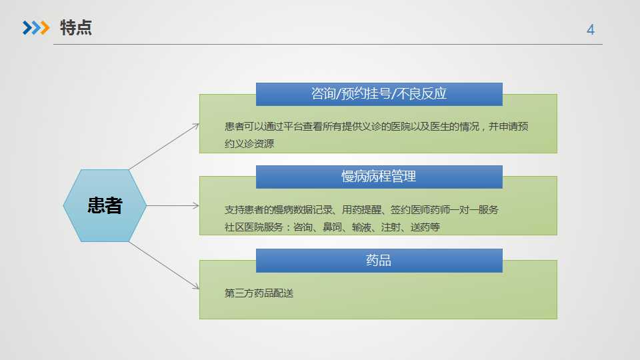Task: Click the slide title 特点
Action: [76, 28]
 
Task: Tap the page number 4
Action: [590, 29]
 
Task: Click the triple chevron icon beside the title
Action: [36, 28]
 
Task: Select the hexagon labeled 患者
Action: [105, 205]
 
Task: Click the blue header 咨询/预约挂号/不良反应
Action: [379, 94]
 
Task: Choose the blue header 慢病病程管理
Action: [379, 177]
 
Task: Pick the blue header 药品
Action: [379, 261]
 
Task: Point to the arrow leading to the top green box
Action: [164, 147]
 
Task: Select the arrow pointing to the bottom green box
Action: [164, 265]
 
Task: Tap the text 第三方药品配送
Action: [259, 293]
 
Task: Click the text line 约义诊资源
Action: [249, 144]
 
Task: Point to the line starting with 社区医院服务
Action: [332, 227]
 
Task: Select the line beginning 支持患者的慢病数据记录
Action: [361, 210]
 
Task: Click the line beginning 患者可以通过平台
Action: [376, 127]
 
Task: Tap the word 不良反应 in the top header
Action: [421, 94]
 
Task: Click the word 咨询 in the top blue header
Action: [323, 94]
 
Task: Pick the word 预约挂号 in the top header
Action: [366, 94]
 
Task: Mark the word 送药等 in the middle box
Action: [425, 227]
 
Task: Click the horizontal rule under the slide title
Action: [328, 44]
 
